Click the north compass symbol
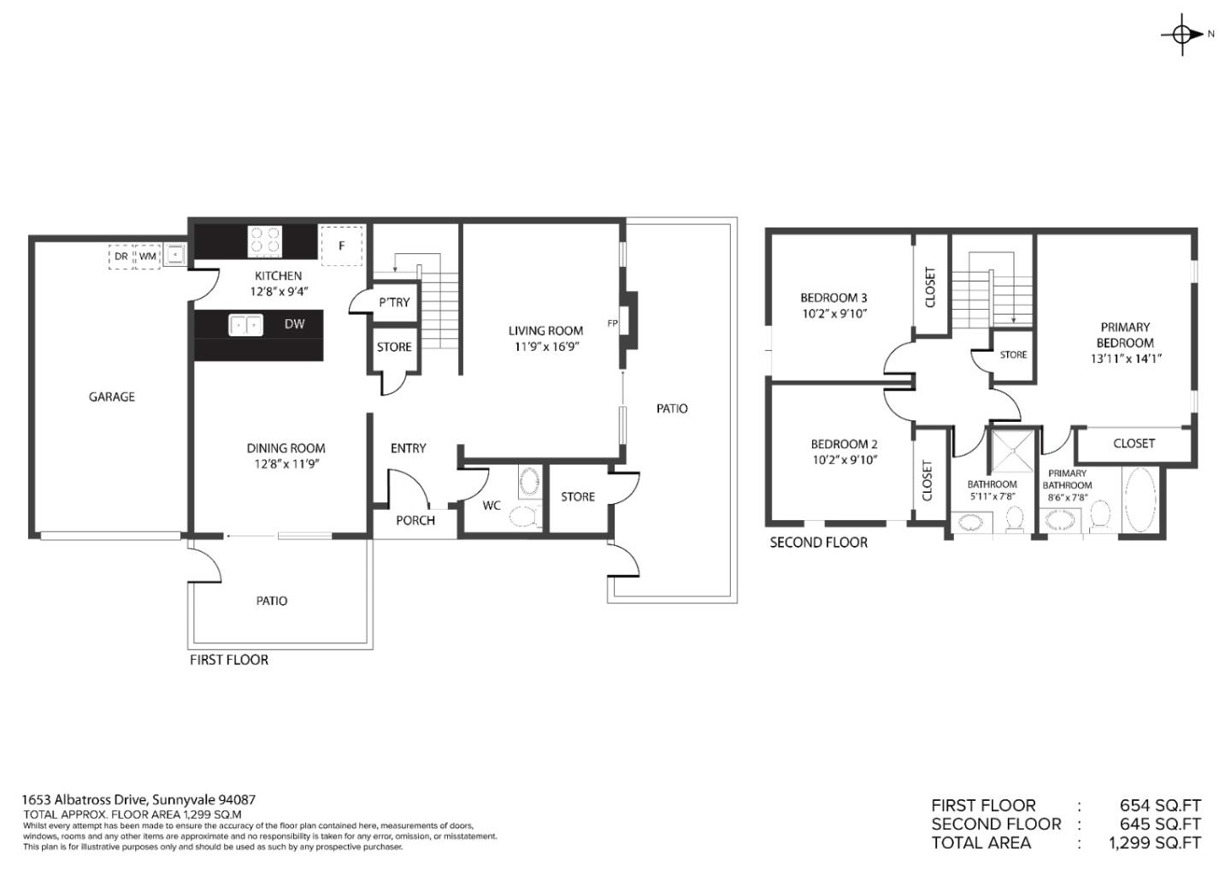click(1183, 34)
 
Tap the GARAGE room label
click(112, 397)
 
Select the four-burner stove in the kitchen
click(265, 241)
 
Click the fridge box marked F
click(341, 246)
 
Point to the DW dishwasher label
click(294, 324)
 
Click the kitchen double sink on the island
click(245, 325)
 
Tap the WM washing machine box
click(148, 256)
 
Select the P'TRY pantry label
click(394, 302)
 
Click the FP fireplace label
click(612, 323)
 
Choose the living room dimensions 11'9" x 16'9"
click(545, 347)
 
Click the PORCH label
click(415, 520)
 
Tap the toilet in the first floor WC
click(525, 516)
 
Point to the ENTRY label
click(408, 448)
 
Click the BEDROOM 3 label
click(833, 298)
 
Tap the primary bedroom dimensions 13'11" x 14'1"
click(1126, 359)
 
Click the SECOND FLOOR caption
click(818, 542)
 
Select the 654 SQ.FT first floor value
click(1159, 806)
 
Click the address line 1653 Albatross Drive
click(138, 800)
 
